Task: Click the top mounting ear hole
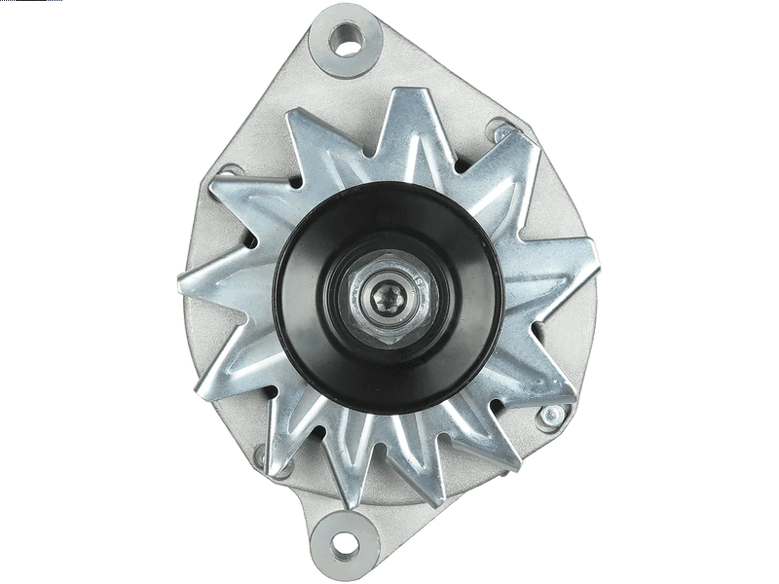click(x=346, y=38)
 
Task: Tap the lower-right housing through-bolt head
click(x=551, y=416)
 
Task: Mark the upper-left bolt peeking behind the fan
click(x=231, y=171)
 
